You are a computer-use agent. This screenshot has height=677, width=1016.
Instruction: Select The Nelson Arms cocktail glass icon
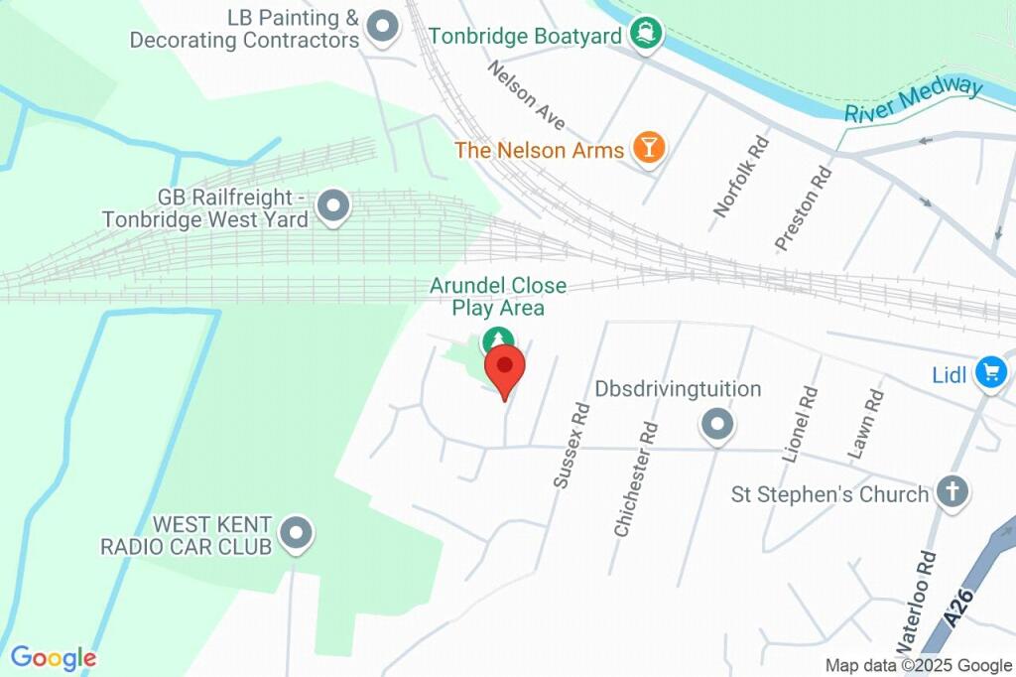(649, 149)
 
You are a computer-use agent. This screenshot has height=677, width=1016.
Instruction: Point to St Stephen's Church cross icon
(952, 491)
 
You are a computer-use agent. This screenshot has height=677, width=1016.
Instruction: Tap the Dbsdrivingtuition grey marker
(716, 426)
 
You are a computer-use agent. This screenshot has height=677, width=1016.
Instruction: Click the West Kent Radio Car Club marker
(295, 534)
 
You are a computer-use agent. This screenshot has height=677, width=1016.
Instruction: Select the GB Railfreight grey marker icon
(332, 206)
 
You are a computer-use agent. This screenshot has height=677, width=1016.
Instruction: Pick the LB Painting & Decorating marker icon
(381, 26)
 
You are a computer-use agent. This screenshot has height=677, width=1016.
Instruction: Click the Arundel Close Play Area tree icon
(496, 341)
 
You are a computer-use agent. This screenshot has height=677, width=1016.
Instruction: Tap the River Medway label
(913, 99)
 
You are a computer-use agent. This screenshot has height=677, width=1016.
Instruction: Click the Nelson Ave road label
(527, 95)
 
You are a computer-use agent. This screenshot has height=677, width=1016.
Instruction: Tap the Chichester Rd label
(636, 480)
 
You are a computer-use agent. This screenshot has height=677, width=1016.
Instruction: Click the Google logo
(54, 657)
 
